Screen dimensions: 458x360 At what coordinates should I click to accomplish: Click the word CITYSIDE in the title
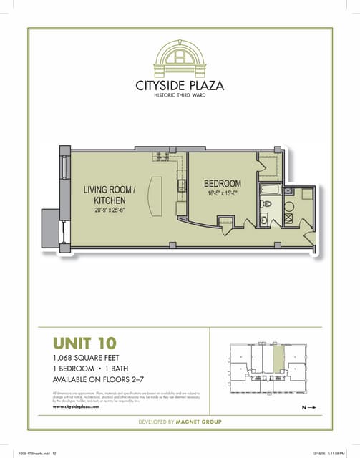pos(161,86)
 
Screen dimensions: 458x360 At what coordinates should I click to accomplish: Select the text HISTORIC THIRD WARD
pos(180,97)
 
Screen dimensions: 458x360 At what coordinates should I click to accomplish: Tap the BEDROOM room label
pos(223,184)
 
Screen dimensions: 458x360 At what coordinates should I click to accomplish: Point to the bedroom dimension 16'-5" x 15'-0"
pos(223,193)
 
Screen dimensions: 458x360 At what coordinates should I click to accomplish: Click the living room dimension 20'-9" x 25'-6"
pos(110,210)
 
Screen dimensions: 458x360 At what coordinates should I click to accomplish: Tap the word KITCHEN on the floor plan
pos(110,200)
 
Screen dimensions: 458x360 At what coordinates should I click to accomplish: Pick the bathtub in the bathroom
pos(273,190)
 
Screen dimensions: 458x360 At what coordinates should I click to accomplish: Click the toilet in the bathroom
pos(266,204)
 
